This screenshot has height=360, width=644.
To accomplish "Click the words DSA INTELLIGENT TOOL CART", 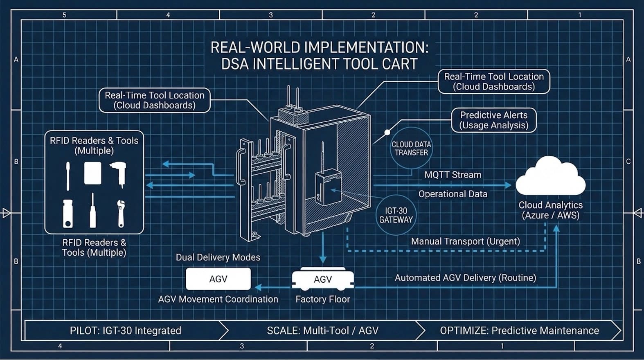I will (x=319, y=64).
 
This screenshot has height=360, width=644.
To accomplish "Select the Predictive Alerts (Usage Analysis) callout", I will (x=493, y=120).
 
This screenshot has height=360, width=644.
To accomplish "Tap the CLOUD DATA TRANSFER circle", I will (x=411, y=148).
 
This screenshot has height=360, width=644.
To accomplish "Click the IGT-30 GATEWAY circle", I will (x=396, y=215).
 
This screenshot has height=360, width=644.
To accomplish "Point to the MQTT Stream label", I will (x=453, y=175).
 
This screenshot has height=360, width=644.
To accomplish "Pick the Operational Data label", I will (x=453, y=194).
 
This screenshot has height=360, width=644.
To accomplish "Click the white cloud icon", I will (x=550, y=177).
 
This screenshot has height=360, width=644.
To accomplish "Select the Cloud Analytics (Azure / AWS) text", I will (x=550, y=210).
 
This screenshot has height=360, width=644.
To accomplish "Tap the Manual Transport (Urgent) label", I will (x=465, y=241).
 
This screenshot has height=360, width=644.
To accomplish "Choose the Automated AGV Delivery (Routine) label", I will (x=465, y=278).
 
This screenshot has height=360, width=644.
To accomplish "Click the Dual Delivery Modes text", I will (x=218, y=257).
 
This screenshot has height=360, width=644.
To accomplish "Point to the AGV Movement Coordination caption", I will (x=218, y=299).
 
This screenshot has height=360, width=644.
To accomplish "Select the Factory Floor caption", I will (x=322, y=299).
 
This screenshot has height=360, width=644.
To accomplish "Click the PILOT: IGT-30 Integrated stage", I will (x=125, y=331).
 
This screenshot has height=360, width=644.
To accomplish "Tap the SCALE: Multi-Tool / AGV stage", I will (x=322, y=331).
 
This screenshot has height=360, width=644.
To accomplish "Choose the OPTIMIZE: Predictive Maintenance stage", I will (x=519, y=331).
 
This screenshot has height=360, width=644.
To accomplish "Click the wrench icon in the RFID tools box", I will (x=121, y=213).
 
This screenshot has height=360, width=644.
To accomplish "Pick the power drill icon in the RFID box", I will (x=119, y=173).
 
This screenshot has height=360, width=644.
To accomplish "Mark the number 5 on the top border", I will (x=64, y=15).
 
